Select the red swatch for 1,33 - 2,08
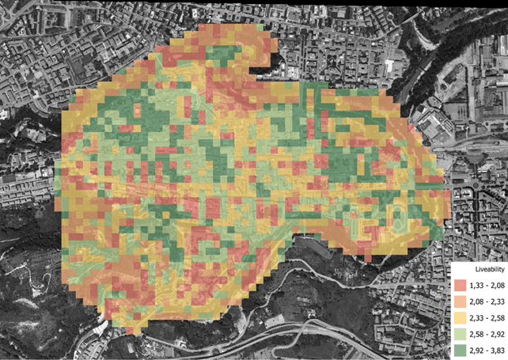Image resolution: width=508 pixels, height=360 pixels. click(x=459, y=285)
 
